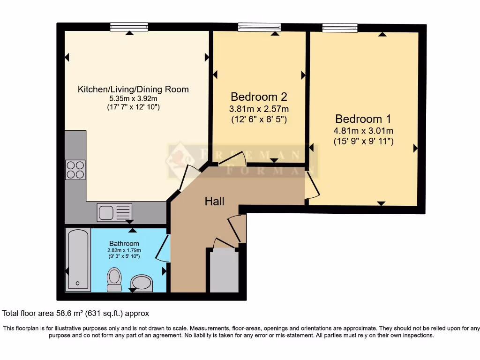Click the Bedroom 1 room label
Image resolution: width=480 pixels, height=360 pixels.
point(363,119)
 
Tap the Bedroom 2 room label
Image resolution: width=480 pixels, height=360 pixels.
point(259,97)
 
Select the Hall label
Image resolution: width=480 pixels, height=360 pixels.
point(214,202)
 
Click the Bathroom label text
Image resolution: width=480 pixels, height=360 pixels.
point(124,243)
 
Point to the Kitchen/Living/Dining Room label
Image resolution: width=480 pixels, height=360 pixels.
point(133,89)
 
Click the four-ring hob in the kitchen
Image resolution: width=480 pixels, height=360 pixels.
point(75,170)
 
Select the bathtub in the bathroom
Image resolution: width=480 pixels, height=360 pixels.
point(78,259)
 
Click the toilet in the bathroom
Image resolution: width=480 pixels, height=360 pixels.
point(114,279)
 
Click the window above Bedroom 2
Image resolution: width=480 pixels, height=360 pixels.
point(259,27)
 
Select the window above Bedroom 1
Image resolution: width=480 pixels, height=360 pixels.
point(339,27)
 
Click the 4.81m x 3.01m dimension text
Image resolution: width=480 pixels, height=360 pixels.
point(363,131)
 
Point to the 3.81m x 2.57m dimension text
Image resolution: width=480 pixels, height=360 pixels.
point(259,109)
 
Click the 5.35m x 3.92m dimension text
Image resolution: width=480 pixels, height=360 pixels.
point(133,98)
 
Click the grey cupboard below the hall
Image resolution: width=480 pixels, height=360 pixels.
point(224,271)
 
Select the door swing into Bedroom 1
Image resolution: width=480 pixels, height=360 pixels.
point(312,184)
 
